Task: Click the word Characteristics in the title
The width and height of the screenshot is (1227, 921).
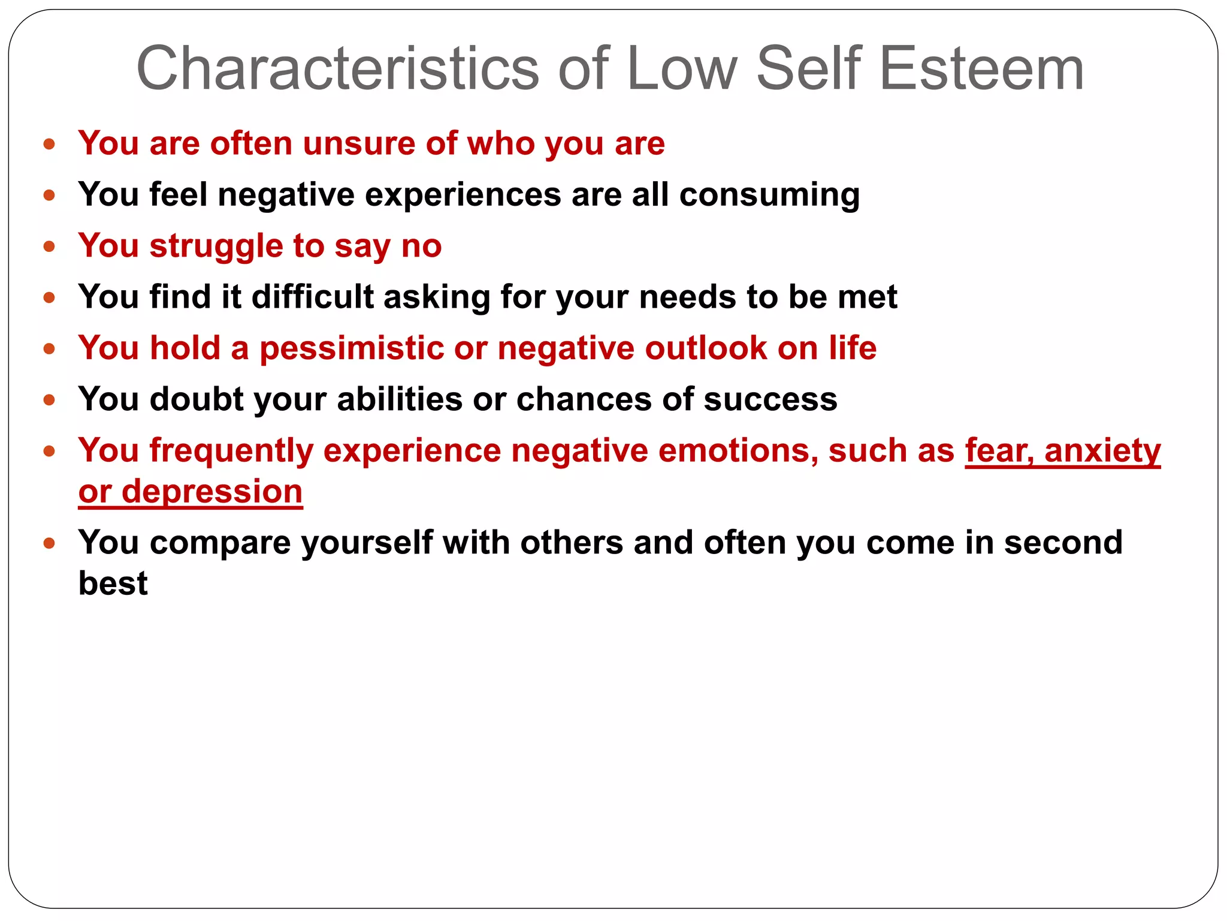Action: (x=338, y=69)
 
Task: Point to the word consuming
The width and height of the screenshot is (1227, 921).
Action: (x=769, y=195)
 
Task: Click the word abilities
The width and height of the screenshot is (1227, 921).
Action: (x=400, y=399)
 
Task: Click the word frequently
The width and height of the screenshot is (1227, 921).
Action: (x=231, y=451)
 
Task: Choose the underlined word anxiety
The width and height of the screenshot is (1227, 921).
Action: (x=1102, y=451)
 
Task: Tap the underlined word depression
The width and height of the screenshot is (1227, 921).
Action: (x=212, y=492)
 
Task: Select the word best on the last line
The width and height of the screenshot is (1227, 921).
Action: (x=113, y=583)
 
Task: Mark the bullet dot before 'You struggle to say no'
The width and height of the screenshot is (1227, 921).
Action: (x=50, y=246)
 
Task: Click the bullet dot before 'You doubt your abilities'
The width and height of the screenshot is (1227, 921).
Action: (x=50, y=400)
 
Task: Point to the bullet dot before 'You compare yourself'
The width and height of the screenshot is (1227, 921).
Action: (x=50, y=544)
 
